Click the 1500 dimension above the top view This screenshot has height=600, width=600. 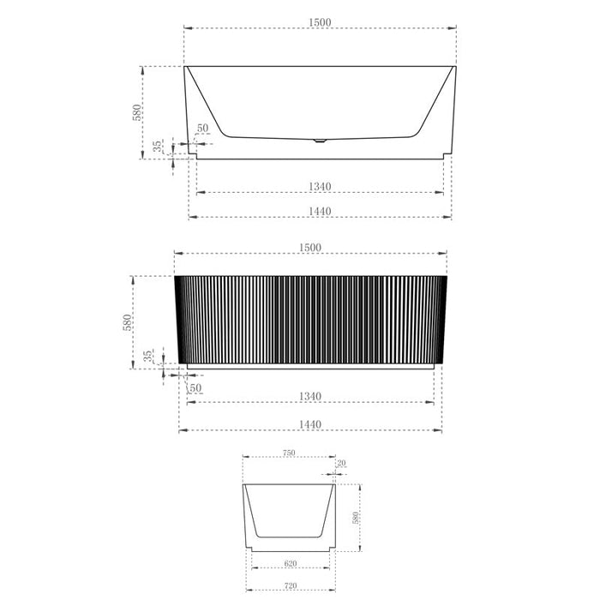[320, 22]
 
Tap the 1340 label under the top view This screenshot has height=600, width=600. [320, 187]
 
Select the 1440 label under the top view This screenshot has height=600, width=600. [320, 211]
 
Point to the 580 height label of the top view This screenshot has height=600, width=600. [136, 112]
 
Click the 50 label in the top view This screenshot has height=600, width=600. [203, 129]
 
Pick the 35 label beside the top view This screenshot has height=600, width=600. [157, 146]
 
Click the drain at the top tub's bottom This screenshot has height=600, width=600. [320, 141]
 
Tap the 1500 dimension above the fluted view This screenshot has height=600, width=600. [310, 248]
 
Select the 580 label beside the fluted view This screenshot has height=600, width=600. [127, 322]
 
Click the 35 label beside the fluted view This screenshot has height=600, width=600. [147, 356]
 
